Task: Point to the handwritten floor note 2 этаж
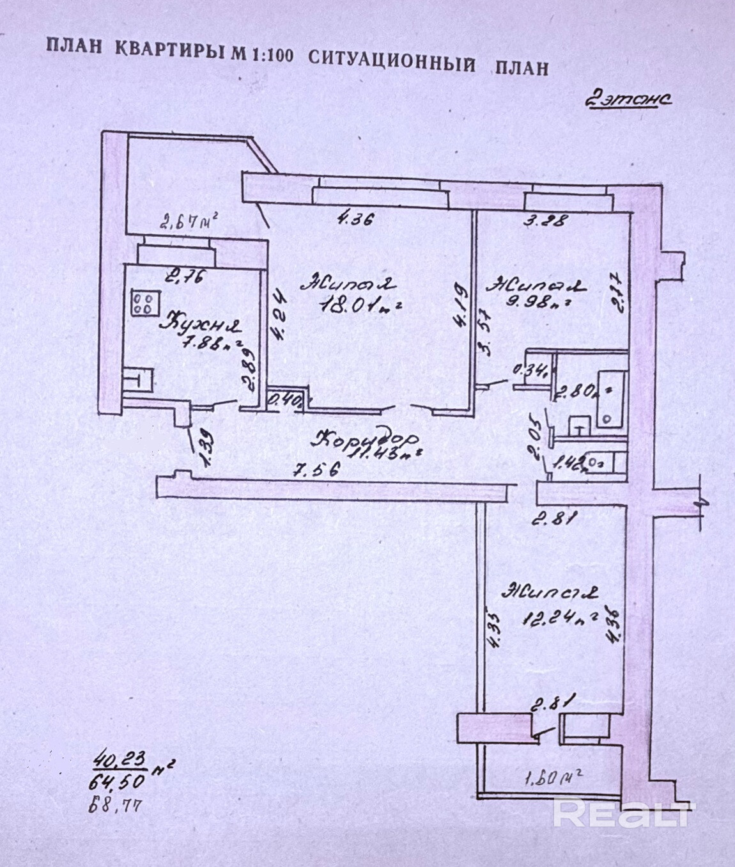(627, 100)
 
